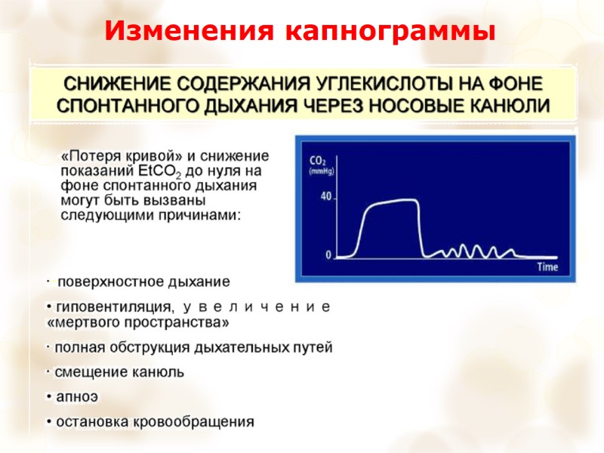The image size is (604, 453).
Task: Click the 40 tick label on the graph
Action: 326,196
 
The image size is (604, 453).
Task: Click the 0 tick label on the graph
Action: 328,255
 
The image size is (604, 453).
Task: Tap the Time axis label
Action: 547,267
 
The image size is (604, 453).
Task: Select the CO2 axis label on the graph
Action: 318,161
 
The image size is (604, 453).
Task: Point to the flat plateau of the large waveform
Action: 393,202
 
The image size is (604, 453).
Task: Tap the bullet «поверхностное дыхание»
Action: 143,282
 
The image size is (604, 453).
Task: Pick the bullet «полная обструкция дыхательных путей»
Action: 193,347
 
